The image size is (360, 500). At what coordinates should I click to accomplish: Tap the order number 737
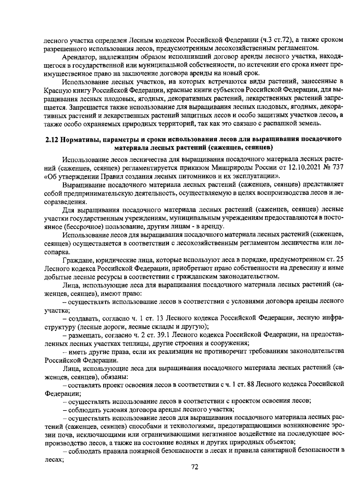[337, 167]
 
